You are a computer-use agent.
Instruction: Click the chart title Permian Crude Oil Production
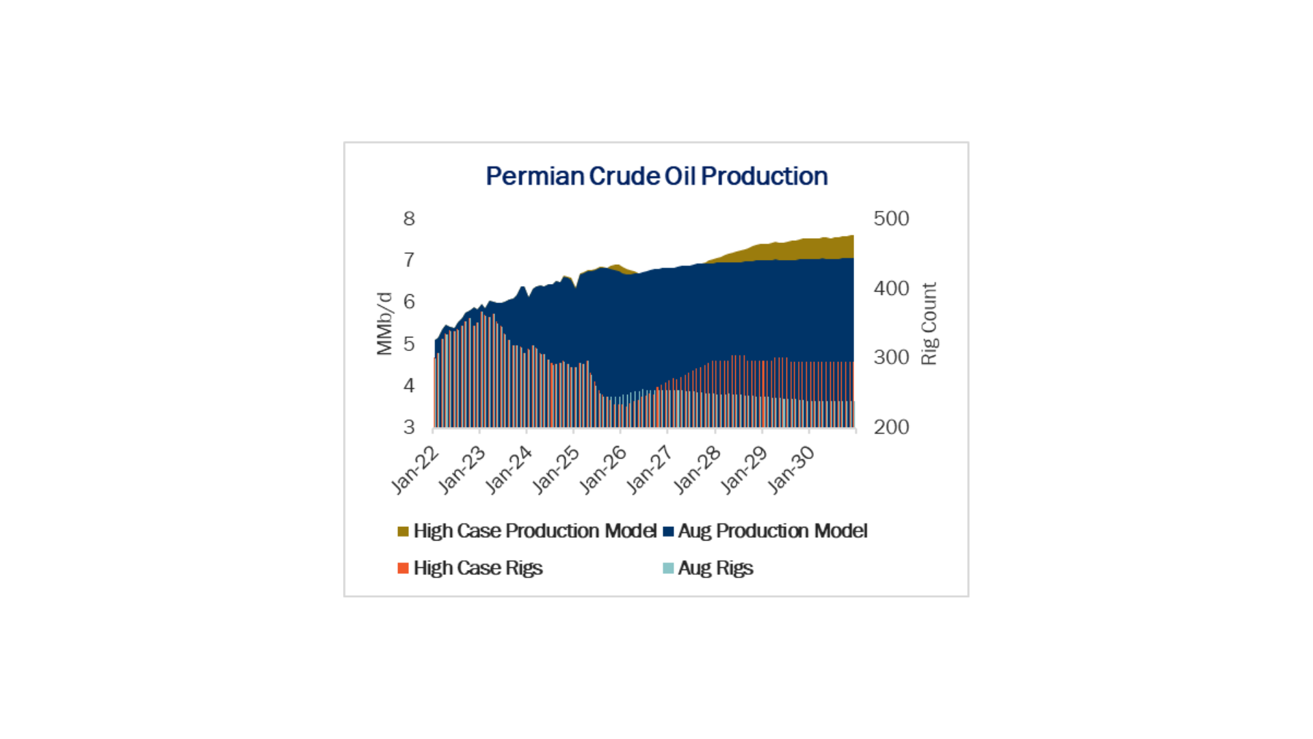point(656,177)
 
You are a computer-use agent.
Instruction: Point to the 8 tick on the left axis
point(409,219)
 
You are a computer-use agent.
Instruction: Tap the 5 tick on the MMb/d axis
point(409,343)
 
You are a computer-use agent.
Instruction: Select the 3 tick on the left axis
point(409,427)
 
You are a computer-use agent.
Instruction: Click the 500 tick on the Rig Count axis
point(891,219)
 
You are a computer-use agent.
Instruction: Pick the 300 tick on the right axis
point(891,357)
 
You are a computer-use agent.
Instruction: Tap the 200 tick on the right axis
point(891,427)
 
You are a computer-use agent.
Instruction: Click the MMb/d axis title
point(384,324)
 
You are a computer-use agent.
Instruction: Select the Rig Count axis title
point(929,324)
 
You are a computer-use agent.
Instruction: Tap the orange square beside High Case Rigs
point(403,568)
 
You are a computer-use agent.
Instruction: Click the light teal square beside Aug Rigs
point(668,568)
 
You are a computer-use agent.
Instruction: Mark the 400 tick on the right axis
point(891,288)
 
